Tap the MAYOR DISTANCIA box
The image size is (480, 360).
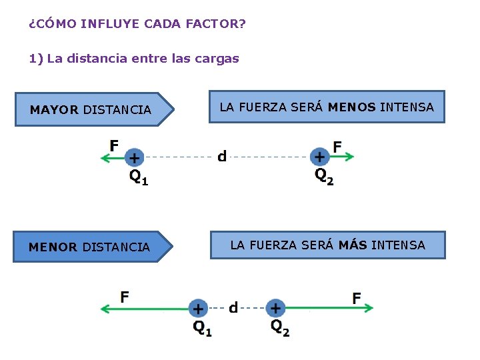click(x=92, y=109)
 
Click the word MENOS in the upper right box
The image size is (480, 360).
click(x=351, y=107)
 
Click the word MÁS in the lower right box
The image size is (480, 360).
click(x=353, y=245)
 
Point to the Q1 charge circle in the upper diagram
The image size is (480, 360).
click(x=134, y=157)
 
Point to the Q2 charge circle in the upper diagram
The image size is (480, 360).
click(x=320, y=157)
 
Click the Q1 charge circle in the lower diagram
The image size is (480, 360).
click(x=198, y=308)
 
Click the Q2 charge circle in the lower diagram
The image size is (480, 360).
click(x=275, y=308)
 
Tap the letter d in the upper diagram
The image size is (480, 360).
click(x=222, y=157)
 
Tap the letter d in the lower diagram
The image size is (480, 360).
click(x=233, y=307)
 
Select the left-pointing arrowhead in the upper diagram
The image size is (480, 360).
click(x=105, y=157)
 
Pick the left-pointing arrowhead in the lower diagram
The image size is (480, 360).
click(x=105, y=308)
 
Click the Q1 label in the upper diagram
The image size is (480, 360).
click(x=139, y=177)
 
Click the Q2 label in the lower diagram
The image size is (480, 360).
click(x=280, y=327)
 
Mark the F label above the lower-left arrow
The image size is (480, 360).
click(x=125, y=296)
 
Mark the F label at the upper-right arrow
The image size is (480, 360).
click(x=337, y=145)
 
